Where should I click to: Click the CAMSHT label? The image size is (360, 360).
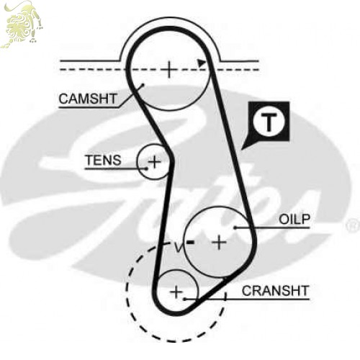click(x=88, y=99)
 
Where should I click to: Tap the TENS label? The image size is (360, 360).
click(x=104, y=160)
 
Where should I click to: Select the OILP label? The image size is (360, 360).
click(x=294, y=219)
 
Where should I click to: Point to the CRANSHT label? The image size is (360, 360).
click(x=275, y=291)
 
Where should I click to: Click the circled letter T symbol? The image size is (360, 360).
click(x=269, y=122)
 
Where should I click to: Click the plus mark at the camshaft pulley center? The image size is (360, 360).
click(x=169, y=70)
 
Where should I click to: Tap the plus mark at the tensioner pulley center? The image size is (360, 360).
click(x=154, y=161)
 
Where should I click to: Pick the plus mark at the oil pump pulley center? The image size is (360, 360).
click(x=219, y=243)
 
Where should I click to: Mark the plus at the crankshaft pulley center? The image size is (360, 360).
click(x=176, y=292)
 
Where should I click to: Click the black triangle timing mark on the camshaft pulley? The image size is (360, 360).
click(x=202, y=63)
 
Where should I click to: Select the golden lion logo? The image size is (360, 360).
click(x=22, y=24)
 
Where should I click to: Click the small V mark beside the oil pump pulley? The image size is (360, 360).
click(x=178, y=248)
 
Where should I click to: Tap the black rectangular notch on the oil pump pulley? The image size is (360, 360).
click(x=191, y=242)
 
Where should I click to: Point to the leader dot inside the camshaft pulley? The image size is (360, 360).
click(x=143, y=84)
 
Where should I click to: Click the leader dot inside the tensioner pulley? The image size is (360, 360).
click(x=147, y=168)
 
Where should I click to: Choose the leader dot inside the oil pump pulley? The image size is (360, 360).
click(x=235, y=228)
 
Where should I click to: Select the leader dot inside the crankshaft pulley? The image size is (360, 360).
click(x=184, y=299)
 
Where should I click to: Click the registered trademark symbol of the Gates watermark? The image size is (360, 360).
click(x=353, y=225)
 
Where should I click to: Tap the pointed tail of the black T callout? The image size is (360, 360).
click(x=242, y=150)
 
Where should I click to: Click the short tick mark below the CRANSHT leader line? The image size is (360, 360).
click(x=225, y=297)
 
